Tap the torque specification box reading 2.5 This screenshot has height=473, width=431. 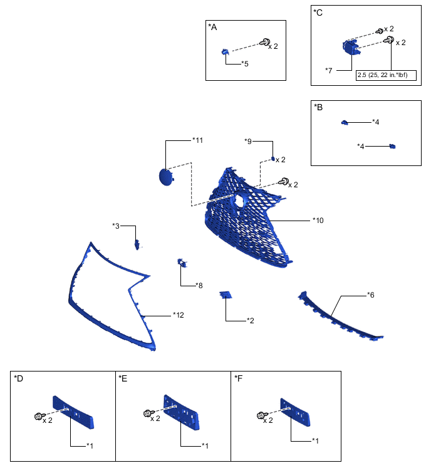pyautogui.click(x=380, y=76)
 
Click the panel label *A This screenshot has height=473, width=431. pyautogui.click(x=212, y=27)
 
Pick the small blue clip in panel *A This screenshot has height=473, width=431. pyautogui.click(x=224, y=52)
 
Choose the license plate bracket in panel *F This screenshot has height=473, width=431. pyautogui.click(x=297, y=413)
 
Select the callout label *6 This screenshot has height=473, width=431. pyautogui.click(x=371, y=294)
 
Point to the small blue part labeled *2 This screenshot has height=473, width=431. pyautogui.click(x=226, y=294)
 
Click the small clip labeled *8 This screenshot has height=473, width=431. pyautogui.click(x=182, y=263)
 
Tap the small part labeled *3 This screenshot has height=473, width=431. pyautogui.click(x=136, y=244)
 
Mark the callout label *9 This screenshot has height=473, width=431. pyautogui.click(x=248, y=141)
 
